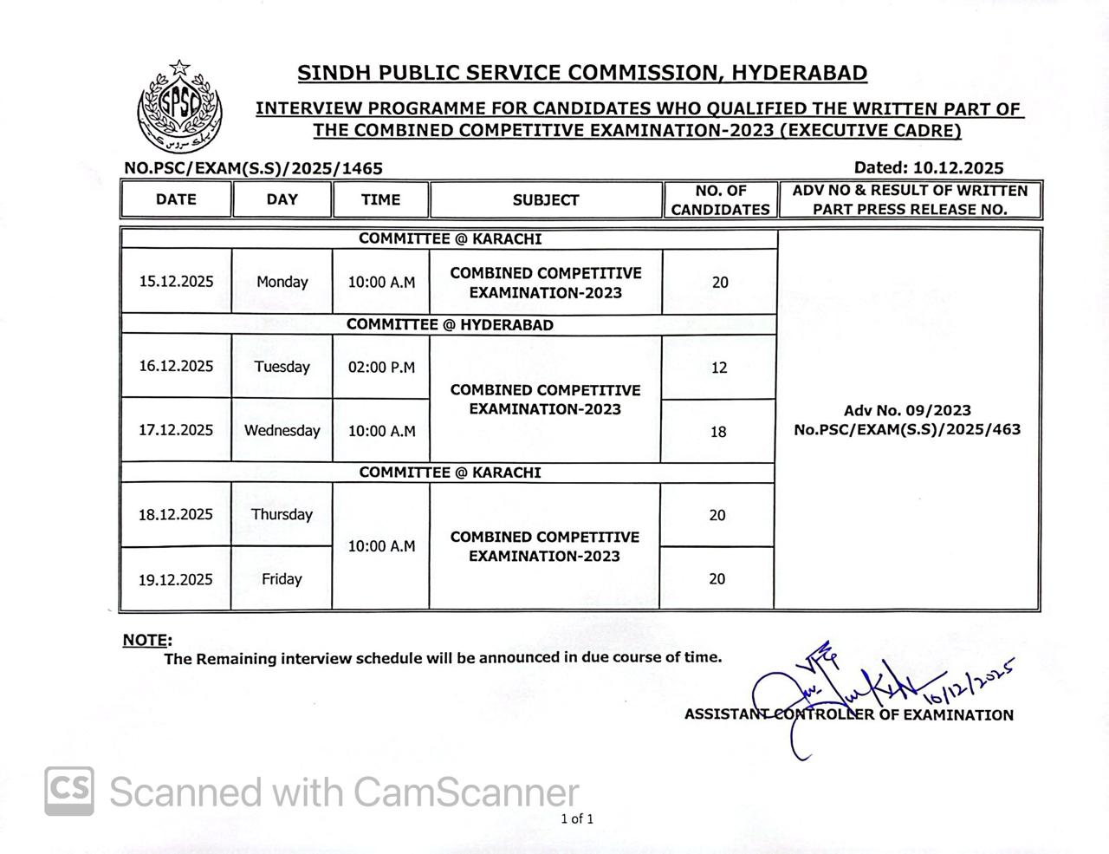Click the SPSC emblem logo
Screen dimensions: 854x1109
tap(180, 108)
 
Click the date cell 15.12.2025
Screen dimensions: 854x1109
tap(176, 282)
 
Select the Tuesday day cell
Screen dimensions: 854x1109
tap(282, 367)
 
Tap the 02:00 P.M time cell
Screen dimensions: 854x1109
tap(381, 368)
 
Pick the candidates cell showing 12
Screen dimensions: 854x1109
tap(719, 368)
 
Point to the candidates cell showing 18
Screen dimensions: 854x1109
tap(718, 432)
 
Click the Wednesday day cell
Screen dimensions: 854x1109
tap(282, 431)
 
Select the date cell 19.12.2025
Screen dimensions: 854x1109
tap(176, 580)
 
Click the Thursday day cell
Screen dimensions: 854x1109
tap(282, 514)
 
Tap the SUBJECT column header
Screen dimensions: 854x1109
tap(546, 200)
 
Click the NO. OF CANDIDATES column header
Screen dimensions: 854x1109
tap(720, 200)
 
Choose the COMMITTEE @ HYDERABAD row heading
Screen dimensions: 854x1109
tap(450, 325)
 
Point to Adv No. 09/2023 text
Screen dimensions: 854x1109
tap(907, 411)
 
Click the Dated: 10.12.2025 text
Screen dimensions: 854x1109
tap(929, 168)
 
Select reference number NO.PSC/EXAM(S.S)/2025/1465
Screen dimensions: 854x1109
tap(253, 168)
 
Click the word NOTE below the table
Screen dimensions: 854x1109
tap(146, 641)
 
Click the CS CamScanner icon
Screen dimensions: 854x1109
tap(69, 791)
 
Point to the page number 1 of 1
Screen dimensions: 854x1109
tap(577, 818)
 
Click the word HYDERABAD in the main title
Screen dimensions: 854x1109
tap(800, 73)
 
